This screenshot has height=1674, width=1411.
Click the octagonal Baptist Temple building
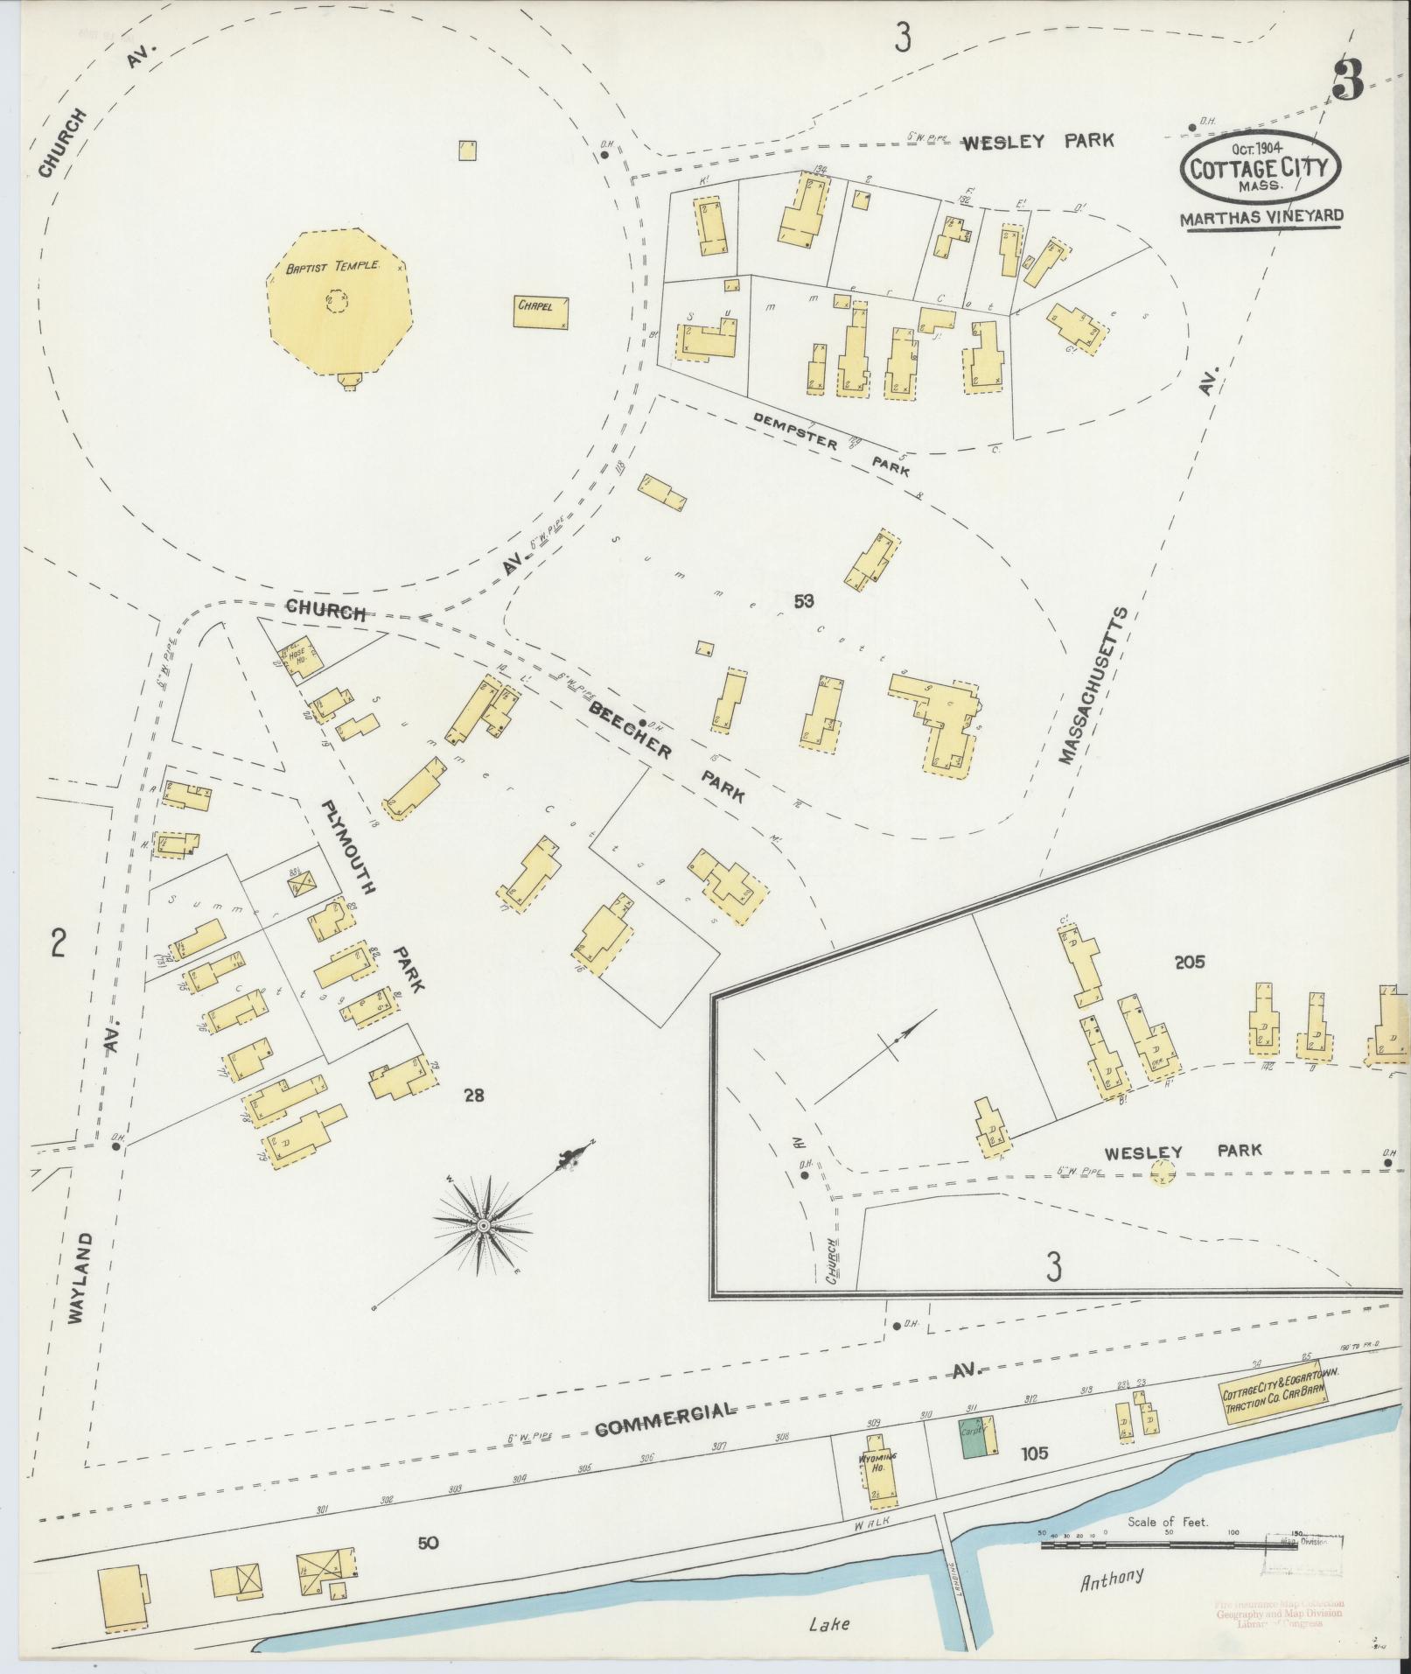(337, 301)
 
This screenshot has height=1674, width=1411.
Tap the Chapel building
(543, 312)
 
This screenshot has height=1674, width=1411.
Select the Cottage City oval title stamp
(1261, 171)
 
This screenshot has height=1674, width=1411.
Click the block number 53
(804, 601)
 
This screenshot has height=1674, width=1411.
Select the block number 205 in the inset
(1190, 962)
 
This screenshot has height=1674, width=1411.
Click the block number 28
(473, 1095)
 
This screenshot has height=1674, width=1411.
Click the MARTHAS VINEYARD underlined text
(1261, 219)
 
